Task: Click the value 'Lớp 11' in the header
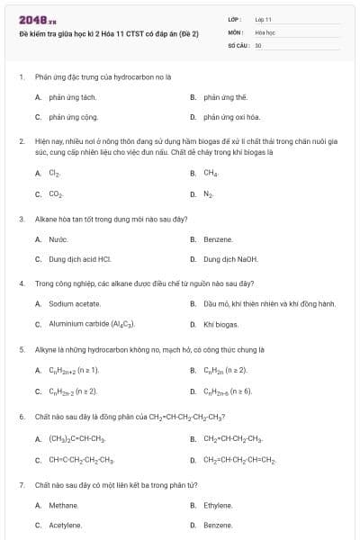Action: click(x=263, y=18)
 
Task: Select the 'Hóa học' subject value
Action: click(x=265, y=31)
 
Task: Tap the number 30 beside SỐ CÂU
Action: click(x=258, y=44)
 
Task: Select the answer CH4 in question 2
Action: click(x=211, y=173)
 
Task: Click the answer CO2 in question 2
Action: click(x=55, y=193)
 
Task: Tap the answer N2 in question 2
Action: click(x=209, y=193)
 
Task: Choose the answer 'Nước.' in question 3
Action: click(x=58, y=239)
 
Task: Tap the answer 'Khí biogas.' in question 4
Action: click(x=220, y=324)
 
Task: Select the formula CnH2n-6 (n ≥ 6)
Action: click(x=228, y=391)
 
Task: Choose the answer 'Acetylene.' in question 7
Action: click(x=65, y=525)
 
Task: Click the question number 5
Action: click(x=21, y=348)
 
